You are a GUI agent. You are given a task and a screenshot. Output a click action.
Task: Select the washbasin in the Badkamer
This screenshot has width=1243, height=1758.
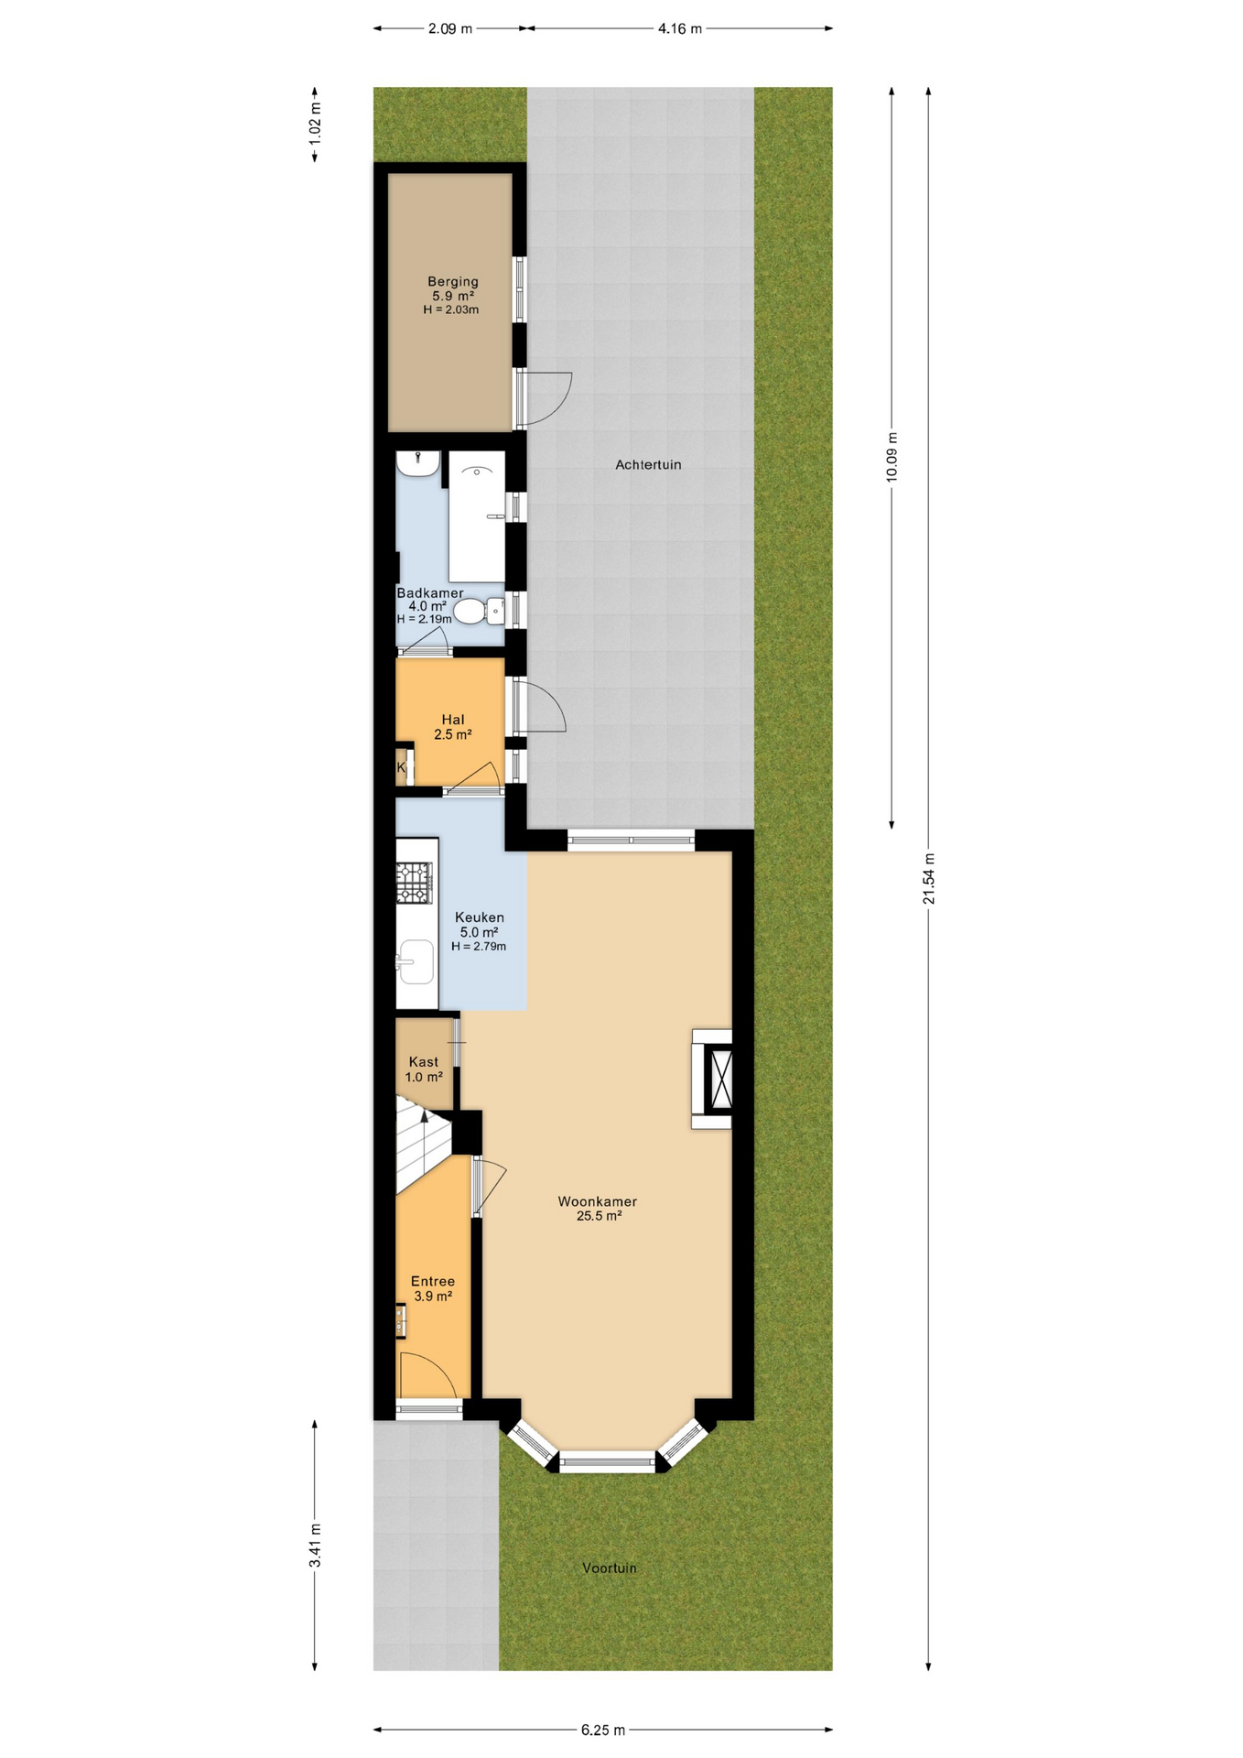click(418, 463)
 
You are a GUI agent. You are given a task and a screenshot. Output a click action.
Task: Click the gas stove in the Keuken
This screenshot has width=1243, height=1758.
click(414, 883)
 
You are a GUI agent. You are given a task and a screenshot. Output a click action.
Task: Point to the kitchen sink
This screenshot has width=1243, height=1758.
click(416, 961)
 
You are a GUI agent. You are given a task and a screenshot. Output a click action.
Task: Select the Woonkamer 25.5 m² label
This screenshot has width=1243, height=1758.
click(598, 1209)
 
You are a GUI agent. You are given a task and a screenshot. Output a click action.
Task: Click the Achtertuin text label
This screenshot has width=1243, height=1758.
click(648, 465)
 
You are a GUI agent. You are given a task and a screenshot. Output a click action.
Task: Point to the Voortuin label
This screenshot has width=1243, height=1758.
click(610, 1568)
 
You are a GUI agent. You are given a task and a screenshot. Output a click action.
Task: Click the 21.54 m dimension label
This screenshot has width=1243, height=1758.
click(929, 879)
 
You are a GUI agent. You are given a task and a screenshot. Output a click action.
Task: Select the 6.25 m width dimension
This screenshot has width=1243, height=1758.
click(603, 1731)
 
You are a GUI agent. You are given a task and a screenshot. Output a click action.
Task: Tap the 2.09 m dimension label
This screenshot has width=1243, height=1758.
click(450, 28)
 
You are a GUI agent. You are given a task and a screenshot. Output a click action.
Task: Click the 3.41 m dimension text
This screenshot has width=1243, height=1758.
click(315, 1546)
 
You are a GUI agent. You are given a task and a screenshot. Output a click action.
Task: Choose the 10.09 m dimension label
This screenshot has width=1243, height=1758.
click(892, 457)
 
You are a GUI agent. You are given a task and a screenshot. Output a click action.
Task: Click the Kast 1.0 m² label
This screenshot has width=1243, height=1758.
click(424, 1069)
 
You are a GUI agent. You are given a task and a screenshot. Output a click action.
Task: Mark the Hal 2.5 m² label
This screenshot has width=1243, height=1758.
click(453, 727)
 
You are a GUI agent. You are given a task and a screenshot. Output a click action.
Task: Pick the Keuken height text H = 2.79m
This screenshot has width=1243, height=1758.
click(479, 947)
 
